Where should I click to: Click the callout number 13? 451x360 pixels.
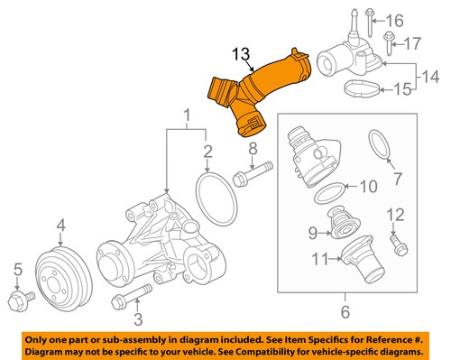click(x=241, y=54)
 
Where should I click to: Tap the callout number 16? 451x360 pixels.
click(x=394, y=21)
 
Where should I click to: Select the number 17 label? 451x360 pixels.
click(x=412, y=43)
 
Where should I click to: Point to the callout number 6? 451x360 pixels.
click(x=345, y=311)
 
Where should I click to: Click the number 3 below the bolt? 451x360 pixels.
click(x=138, y=319)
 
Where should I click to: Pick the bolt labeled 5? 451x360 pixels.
click(x=21, y=300)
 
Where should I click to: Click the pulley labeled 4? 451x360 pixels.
click(x=64, y=279)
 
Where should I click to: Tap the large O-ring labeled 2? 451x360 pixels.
click(x=216, y=198)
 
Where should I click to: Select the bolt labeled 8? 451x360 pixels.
click(x=253, y=174)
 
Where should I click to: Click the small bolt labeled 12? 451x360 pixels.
click(x=399, y=245)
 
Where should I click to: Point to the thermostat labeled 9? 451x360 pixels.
click(x=345, y=223)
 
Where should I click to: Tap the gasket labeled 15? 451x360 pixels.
click(x=363, y=89)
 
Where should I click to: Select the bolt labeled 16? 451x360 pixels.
click(x=369, y=23)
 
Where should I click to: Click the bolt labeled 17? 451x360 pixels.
click(x=389, y=43)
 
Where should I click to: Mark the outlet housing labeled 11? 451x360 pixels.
click(x=361, y=259)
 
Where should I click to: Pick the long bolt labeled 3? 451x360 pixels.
click(x=132, y=296)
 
